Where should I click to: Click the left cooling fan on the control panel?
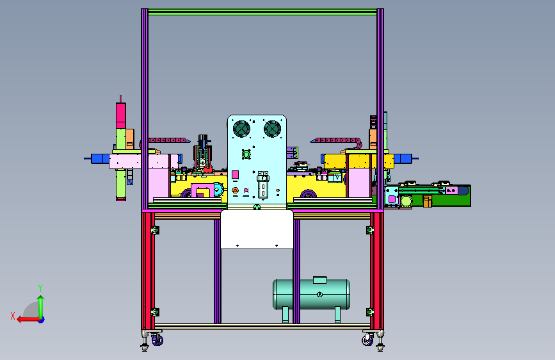pyautogui.click(x=242, y=129)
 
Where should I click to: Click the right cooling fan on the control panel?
pyautogui.click(x=272, y=129)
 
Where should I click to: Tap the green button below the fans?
pyautogui.click(x=246, y=154)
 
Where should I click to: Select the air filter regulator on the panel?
pyautogui.click(x=262, y=184)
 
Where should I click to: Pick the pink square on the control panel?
pyautogui.click(x=235, y=175)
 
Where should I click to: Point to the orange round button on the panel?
pyautogui.click(x=235, y=191)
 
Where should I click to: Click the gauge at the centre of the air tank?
pyautogui.click(x=319, y=294)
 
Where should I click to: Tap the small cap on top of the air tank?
pyautogui.click(x=320, y=280)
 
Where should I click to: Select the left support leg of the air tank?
pyautogui.click(x=286, y=315)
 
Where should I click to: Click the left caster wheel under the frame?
pyautogui.click(x=157, y=341)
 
